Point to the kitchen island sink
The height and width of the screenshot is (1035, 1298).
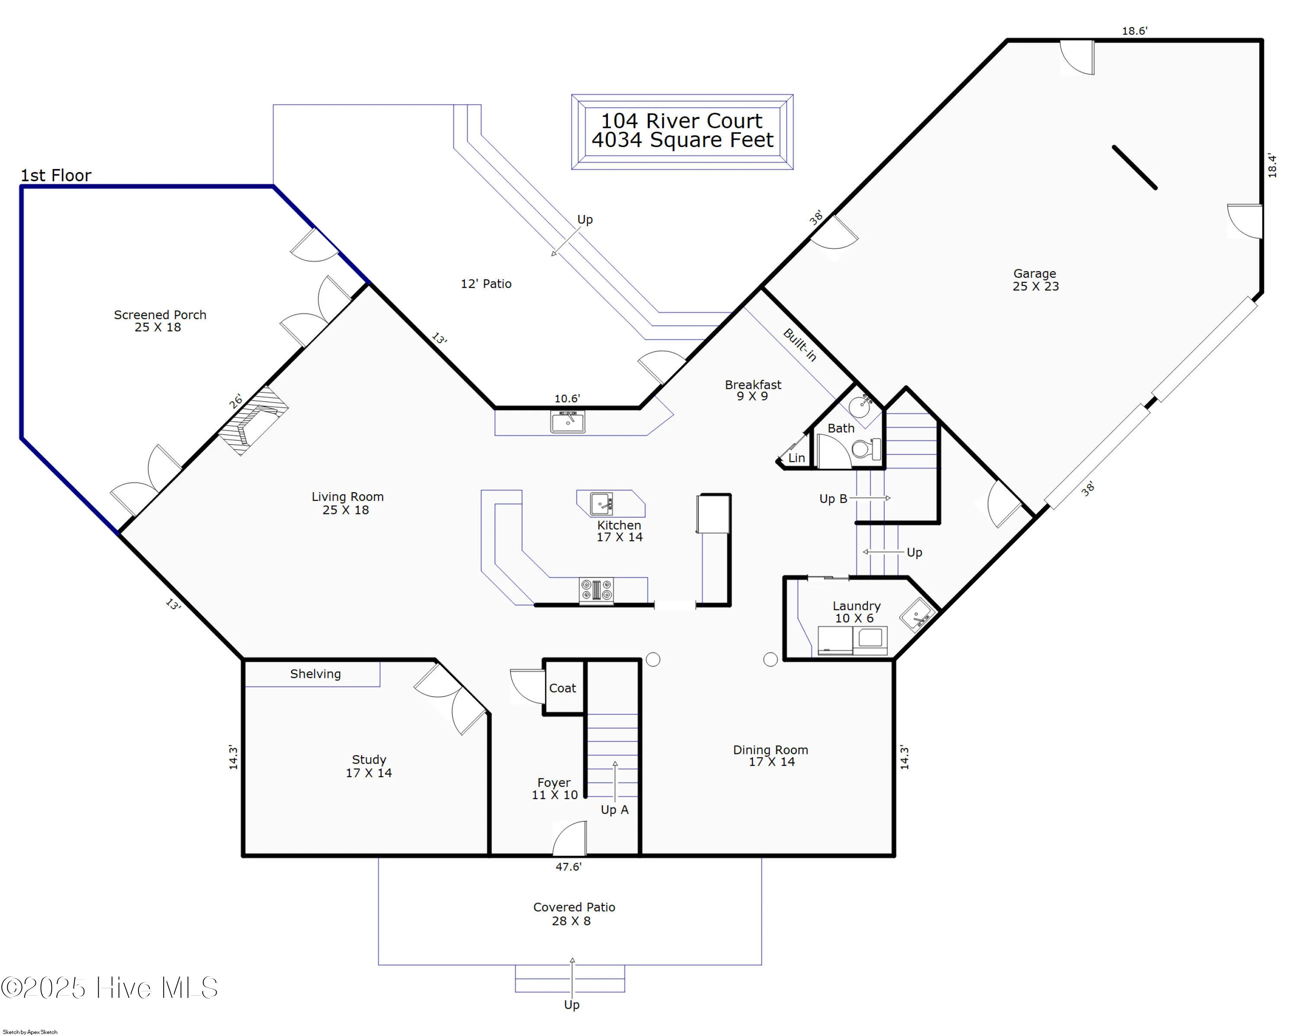601,503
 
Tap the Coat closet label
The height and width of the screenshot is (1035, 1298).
562,688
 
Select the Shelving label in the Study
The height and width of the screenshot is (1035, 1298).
315,674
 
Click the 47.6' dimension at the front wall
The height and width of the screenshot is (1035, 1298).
569,866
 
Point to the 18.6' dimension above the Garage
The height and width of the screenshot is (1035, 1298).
1134,31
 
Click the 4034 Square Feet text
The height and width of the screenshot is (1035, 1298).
682,140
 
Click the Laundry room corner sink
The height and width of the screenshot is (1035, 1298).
917,614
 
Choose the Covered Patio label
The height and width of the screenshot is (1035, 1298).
574,913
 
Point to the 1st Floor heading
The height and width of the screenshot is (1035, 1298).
56,176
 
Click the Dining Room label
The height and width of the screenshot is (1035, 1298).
771,756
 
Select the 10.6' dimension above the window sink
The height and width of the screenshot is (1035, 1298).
567,398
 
